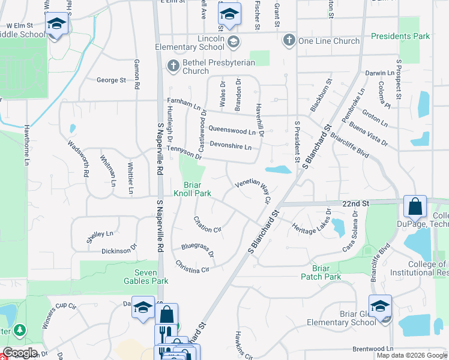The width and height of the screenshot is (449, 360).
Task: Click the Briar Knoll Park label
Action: pyautogui.click(x=193, y=189)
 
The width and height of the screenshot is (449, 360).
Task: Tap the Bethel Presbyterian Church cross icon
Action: pyautogui.click(x=173, y=65)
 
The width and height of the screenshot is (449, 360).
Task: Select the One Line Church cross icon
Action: pyautogui.click(x=289, y=40)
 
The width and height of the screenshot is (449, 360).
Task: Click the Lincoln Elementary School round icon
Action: pyautogui.click(x=233, y=41)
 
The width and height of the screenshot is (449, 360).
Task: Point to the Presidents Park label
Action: pyautogui.click(x=400, y=36)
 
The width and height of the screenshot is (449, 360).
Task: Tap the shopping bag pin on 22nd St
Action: pyautogui.click(x=415, y=207)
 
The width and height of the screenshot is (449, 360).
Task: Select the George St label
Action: pyautogui.click(x=111, y=80)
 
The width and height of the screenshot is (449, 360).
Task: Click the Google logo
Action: pyautogui.click(x=20, y=353)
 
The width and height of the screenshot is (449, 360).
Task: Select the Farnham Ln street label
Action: pyautogui.click(x=184, y=107)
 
